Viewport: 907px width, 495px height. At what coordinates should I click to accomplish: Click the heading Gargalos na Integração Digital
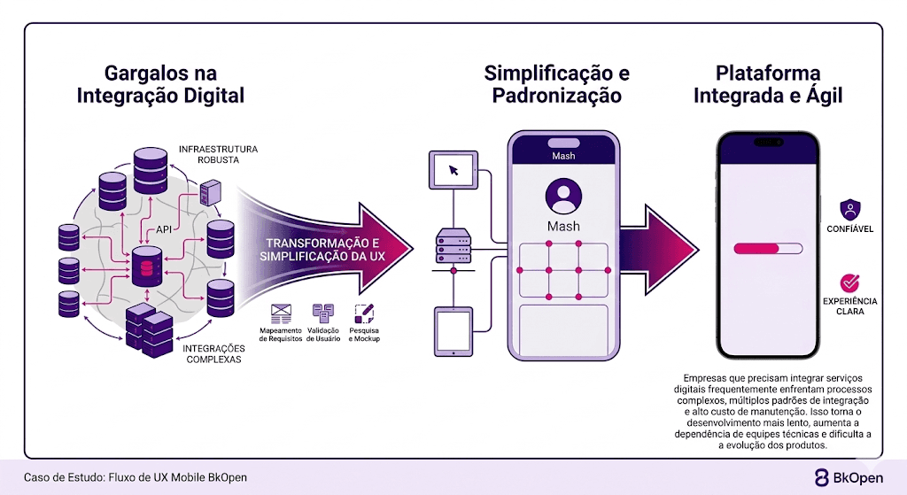click(x=160, y=84)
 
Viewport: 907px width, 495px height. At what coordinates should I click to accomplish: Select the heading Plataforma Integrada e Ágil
click(x=767, y=84)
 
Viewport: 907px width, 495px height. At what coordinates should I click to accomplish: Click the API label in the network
click(x=164, y=229)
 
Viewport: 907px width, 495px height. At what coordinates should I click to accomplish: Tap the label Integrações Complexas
click(x=213, y=354)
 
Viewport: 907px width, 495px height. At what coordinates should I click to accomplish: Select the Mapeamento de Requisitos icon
click(x=282, y=313)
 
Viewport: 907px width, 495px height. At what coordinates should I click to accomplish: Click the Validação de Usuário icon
click(x=322, y=313)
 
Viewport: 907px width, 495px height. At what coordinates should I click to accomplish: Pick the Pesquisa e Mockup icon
click(x=363, y=313)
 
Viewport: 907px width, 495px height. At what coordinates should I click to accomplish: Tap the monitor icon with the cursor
click(x=453, y=169)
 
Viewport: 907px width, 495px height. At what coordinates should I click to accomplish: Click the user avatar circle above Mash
click(x=563, y=194)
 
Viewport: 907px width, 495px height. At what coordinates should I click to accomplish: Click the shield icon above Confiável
click(x=850, y=210)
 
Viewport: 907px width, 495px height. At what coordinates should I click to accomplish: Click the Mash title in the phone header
click(x=563, y=156)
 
